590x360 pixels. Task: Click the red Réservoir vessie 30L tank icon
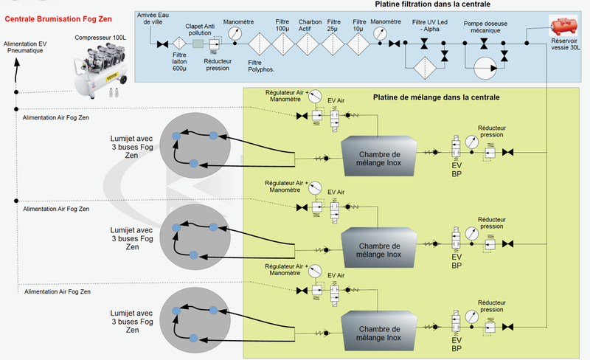[x=566, y=26]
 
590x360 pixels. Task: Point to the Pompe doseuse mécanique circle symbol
[x=484, y=71]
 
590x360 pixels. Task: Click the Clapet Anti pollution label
[x=199, y=28]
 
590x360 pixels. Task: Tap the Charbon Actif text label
[x=310, y=25]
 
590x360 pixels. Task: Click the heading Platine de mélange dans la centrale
[x=437, y=97]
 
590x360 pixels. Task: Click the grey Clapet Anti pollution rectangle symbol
[x=198, y=44]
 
